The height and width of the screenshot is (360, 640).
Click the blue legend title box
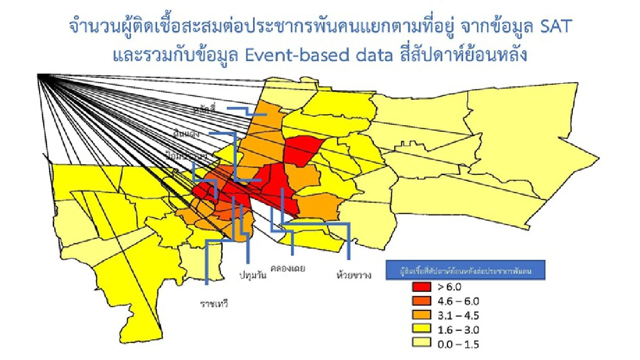click(465, 270)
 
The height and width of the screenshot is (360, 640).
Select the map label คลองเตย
click(288, 268)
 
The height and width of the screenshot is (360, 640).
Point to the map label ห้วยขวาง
click(354, 275)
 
